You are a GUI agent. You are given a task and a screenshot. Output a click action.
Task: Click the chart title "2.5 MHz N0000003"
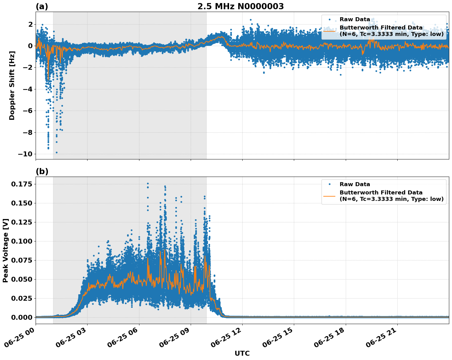[240, 6]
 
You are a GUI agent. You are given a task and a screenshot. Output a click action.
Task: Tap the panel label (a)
[42, 6]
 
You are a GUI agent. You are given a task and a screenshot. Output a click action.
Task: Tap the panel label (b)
[42, 171]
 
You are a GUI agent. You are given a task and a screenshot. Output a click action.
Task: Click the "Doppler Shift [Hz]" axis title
[12, 85]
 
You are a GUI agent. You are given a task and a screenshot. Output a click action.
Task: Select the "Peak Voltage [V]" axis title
[6, 250]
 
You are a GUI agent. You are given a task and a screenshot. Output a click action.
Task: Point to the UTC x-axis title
[242, 353]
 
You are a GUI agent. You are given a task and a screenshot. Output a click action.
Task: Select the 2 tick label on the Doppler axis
[30, 24]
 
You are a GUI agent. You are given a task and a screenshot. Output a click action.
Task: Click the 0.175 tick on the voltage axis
[22, 184]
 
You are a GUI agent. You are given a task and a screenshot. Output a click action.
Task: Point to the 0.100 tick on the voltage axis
[22, 241]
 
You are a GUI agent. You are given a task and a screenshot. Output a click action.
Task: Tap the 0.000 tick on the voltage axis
[22, 317]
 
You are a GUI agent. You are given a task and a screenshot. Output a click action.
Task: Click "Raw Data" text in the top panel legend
[355, 19]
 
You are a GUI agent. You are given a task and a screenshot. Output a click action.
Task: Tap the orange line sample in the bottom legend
[329, 196]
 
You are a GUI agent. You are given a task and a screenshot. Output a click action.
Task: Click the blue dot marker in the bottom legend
[329, 184]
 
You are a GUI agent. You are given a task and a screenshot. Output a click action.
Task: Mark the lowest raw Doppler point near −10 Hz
[56, 152]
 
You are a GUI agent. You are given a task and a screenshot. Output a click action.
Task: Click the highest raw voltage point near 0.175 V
[148, 184]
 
